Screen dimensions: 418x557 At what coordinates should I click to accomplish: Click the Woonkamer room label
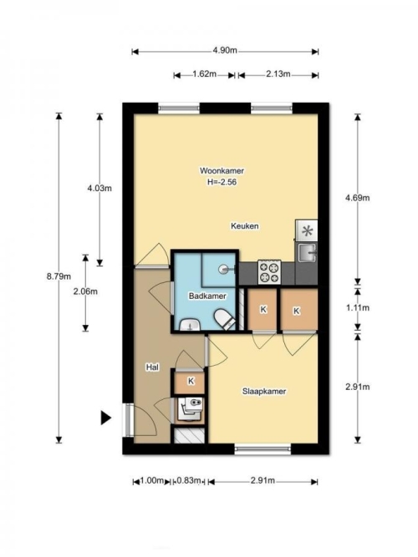[222, 171]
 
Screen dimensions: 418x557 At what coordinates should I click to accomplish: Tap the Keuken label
[245, 226]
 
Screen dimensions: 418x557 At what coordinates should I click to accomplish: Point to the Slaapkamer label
[264, 392]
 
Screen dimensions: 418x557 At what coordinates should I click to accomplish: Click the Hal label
[152, 367]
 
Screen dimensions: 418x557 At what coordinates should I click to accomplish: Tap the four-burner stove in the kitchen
[269, 272]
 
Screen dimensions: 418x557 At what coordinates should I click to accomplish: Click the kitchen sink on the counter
[307, 252]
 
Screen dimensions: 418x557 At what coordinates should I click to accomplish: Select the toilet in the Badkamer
[224, 319]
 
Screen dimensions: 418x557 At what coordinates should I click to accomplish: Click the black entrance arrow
[105, 418]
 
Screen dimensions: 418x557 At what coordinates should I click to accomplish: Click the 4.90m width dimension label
[225, 50]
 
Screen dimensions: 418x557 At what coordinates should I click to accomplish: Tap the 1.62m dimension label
[205, 74]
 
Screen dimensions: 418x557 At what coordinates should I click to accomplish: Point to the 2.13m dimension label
[278, 74]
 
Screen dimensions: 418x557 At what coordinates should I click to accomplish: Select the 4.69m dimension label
[358, 198]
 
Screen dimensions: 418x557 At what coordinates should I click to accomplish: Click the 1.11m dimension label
[358, 308]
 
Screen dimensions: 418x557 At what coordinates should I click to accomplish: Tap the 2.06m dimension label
[85, 291]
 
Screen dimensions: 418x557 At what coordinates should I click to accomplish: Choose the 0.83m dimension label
[189, 481]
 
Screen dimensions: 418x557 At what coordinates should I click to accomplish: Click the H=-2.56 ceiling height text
[222, 182]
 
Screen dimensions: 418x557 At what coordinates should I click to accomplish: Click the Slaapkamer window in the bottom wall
[263, 449]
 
